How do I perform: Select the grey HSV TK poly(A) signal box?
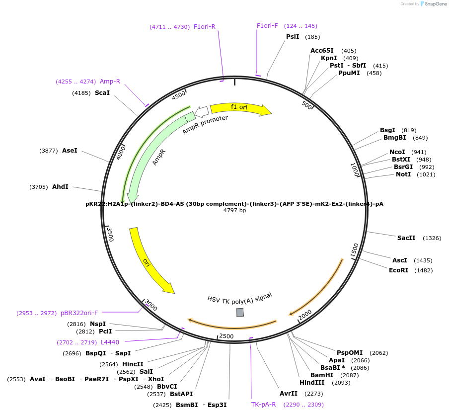(x=240, y=312)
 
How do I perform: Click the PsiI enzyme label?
(x=293, y=37)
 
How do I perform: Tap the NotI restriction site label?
(x=403, y=174)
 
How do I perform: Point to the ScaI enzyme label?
(x=102, y=93)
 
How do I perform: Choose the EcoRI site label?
(x=398, y=270)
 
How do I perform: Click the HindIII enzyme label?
(x=312, y=383)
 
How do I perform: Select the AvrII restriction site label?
(x=289, y=394)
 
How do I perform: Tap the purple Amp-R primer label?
(x=110, y=82)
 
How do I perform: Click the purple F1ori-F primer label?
(x=267, y=26)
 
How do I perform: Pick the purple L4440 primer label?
(x=110, y=342)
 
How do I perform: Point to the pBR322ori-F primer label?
(x=79, y=313)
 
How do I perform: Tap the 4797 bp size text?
(x=234, y=211)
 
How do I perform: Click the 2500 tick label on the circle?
(x=226, y=336)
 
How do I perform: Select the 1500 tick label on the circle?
(x=355, y=250)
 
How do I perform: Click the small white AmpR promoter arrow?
(x=202, y=111)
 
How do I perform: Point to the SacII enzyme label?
(x=406, y=238)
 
